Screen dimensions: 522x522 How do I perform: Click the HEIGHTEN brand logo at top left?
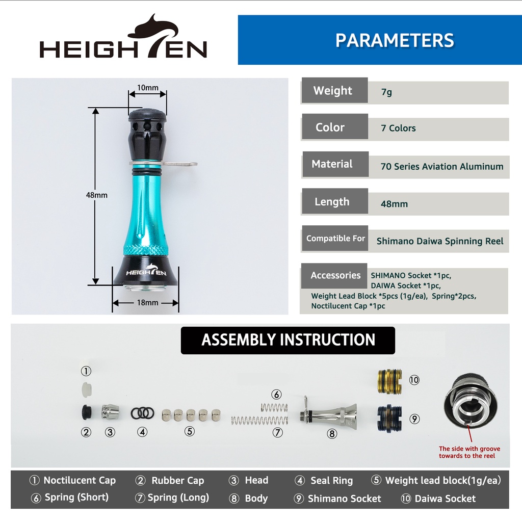123,37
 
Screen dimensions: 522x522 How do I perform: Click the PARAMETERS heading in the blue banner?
395,40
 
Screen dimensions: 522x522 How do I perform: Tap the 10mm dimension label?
148,88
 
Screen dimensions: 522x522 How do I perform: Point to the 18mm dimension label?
147,303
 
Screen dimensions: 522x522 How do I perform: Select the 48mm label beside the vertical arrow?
96,195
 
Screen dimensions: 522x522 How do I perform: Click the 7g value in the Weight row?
386,92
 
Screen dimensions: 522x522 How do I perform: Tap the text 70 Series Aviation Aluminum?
442,167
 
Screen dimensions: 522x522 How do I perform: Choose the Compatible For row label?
335,239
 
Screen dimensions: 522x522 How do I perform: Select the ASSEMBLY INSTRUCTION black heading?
288,340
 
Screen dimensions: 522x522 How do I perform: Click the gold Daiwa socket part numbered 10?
389,381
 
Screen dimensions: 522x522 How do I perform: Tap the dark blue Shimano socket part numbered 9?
389,419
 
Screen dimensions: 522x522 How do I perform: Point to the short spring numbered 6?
274,407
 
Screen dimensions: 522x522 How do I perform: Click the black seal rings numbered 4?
143,413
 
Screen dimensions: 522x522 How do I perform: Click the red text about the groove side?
469,453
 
